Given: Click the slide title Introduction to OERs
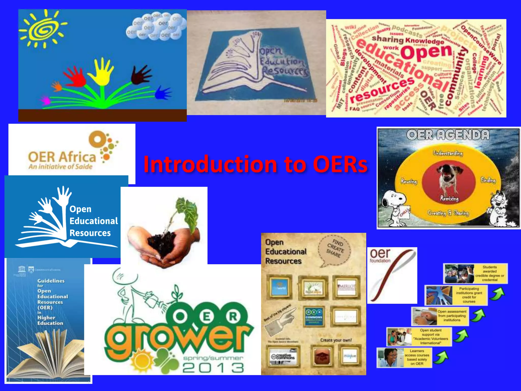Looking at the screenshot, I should pos(255,164).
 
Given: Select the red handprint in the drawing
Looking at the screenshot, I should pos(75,75).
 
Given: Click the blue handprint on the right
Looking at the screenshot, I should pos(163,92).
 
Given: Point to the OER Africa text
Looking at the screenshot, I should pos(62,157).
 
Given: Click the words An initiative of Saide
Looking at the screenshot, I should pos(61,167).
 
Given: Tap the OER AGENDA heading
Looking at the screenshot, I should pos(448,135).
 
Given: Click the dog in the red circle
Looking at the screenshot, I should pos(449,178).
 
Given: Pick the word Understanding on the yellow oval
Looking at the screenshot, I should pos(448,153).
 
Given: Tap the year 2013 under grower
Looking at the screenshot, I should pos(213,368).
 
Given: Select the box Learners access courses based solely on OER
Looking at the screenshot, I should pos(404,357).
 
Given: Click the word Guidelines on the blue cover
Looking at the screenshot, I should pos(51,281).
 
